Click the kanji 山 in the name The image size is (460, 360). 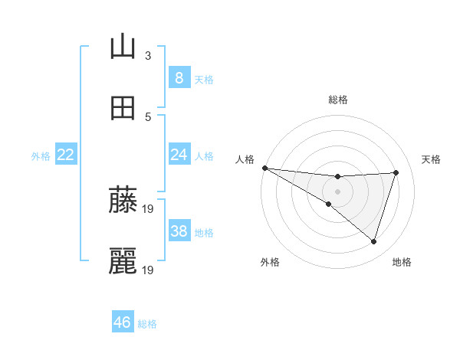[x=123, y=47]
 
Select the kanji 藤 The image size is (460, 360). [x=123, y=199]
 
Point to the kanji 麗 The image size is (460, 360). [x=123, y=261]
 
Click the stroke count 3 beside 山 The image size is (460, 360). [x=148, y=55]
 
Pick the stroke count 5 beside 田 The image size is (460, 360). [x=148, y=116]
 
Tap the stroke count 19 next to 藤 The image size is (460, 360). [x=149, y=208]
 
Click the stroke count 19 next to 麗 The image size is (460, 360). [x=149, y=270]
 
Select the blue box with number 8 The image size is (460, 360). [x=179, y=78]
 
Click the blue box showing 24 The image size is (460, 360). [x=179, y=155]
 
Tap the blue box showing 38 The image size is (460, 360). [x=179, y=231]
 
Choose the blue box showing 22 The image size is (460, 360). [x=65, y=155]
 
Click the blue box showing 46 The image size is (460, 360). [x=122, y=322]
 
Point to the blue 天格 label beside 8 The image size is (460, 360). [x=204, y=80]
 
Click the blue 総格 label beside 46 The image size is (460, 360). [x=147, y=324]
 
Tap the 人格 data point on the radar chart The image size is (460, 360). [x=264, y=168]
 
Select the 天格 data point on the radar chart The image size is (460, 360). [x=396, y=172]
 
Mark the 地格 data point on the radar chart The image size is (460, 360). [x=373, y=242]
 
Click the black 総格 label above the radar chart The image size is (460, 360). [x=337, y=99]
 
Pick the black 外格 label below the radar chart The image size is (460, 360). [x=270, y=262]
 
